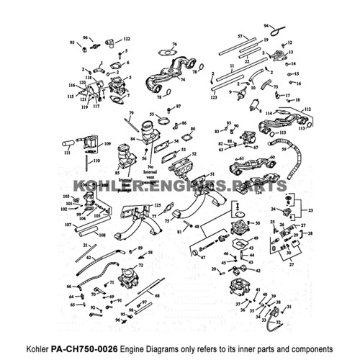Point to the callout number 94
(265, 25)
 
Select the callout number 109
(107, 145)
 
